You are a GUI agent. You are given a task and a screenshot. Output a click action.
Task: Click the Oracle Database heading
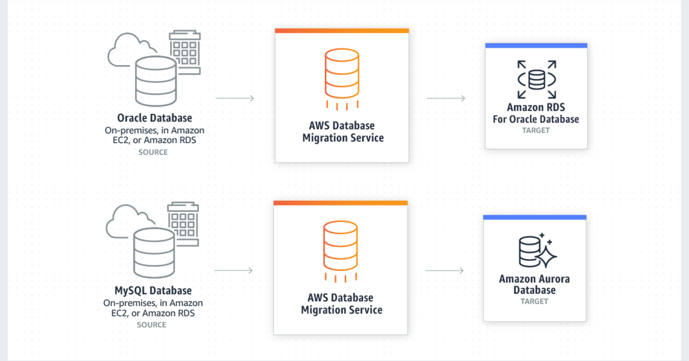[154, 118]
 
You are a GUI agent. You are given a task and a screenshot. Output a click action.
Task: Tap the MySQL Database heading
[153, 291]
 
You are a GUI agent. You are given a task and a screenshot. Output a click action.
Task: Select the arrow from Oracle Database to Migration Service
[235, 99]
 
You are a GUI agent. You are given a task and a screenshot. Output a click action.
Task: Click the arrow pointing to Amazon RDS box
[446, 99]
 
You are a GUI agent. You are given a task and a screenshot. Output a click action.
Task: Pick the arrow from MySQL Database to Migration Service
[234, 270]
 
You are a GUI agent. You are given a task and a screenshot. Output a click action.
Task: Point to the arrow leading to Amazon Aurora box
[444, 270]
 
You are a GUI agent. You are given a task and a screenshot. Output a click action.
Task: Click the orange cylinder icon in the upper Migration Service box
[342, 74]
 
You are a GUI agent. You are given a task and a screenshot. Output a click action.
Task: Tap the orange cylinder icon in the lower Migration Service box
[340, 246]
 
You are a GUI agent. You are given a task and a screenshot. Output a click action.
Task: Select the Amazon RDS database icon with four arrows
[536, 80]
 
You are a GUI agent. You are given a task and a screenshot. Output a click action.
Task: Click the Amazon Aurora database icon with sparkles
[535, 250]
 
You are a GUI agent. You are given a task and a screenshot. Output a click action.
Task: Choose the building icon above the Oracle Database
[184, 52]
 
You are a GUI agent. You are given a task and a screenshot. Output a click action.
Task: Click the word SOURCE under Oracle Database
[153, 152]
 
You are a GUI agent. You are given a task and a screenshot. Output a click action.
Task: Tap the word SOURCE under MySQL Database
[152, 325]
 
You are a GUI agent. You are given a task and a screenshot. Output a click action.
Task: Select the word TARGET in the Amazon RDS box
[536, 131]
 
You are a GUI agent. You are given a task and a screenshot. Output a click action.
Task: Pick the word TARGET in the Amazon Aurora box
[535, 301]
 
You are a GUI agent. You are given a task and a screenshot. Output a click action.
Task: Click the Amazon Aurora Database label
[535, 285]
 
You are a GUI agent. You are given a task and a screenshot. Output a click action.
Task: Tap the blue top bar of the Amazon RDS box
[536, 45]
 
